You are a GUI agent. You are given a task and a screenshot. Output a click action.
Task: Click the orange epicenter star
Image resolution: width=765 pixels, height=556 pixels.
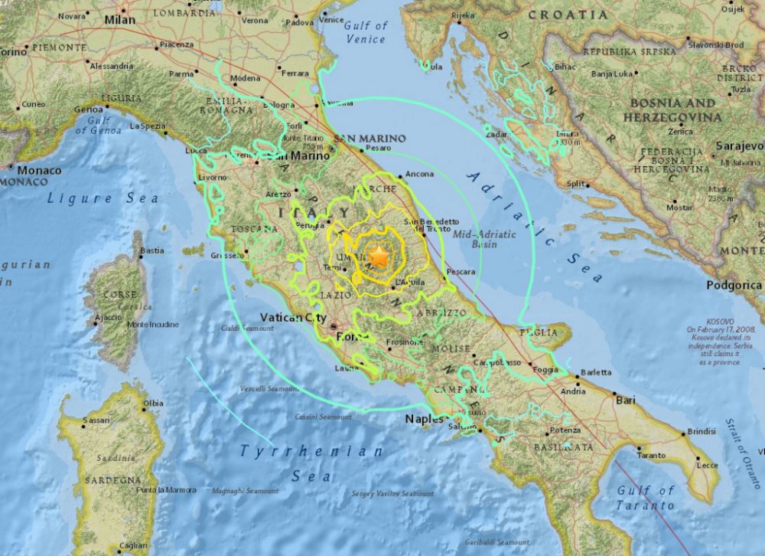coord(378,256)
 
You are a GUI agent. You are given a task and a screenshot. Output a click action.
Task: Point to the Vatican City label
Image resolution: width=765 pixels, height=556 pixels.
coord(293,318)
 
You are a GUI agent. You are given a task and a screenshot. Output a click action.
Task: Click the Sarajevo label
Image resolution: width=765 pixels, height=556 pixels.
coord(740,146)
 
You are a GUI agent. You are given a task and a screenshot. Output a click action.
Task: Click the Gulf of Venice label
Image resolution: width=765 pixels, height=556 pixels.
coord(366,32)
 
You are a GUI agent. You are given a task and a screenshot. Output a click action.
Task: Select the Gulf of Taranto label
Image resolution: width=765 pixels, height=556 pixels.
coord(646,498)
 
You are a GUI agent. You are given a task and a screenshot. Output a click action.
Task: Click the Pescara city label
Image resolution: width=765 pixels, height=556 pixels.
coord(461,272)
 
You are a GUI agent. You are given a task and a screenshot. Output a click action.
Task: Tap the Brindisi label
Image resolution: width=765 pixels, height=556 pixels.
coord(702,432)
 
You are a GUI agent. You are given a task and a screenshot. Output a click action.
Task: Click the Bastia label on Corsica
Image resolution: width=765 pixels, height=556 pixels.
coord(152,250)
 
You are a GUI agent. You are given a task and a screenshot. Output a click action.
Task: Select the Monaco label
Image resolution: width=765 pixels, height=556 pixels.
coord(39,170)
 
